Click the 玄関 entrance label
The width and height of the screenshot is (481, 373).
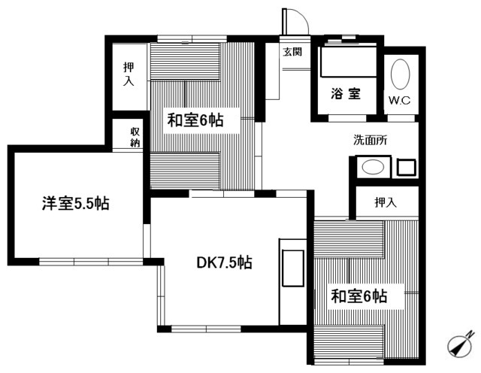[292, 52]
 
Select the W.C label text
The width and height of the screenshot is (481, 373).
[399, 99]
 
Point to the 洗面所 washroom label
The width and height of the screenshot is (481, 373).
[371, 139]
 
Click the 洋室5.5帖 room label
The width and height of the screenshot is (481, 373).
[75, 203]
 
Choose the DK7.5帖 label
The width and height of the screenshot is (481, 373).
[224, 262]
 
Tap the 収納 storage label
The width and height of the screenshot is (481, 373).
[134, 138]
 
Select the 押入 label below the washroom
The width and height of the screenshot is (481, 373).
[386, 202]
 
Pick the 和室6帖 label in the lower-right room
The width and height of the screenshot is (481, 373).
[358, 296]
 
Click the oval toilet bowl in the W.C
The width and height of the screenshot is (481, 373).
[400, 76]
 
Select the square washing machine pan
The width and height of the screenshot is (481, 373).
[406, 167]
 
